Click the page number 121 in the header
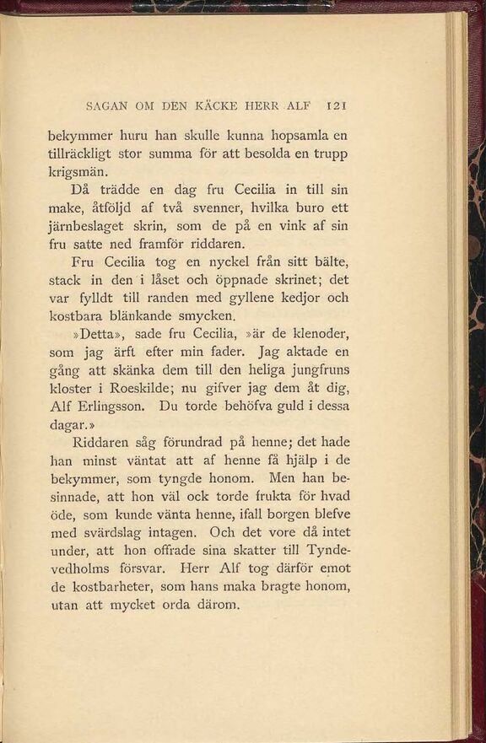337,107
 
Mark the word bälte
327,261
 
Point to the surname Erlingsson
108,406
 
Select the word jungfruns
316,370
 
